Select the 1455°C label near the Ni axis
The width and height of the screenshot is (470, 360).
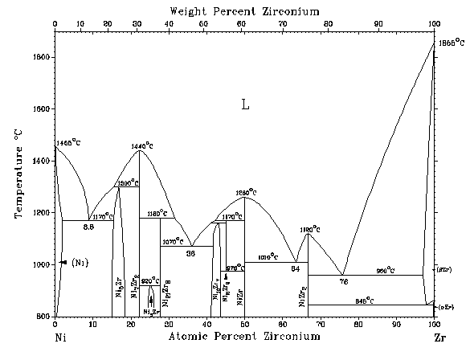pos(68,142)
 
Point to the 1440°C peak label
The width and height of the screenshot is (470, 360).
pos(145,145)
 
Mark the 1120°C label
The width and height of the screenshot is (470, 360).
pos(311,229)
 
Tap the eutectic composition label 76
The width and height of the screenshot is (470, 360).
pos(343,281)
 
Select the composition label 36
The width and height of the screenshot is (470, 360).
pos(191,253)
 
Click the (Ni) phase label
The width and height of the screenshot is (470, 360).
pos(79,263)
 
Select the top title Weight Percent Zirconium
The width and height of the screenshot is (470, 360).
pos(243,11)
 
